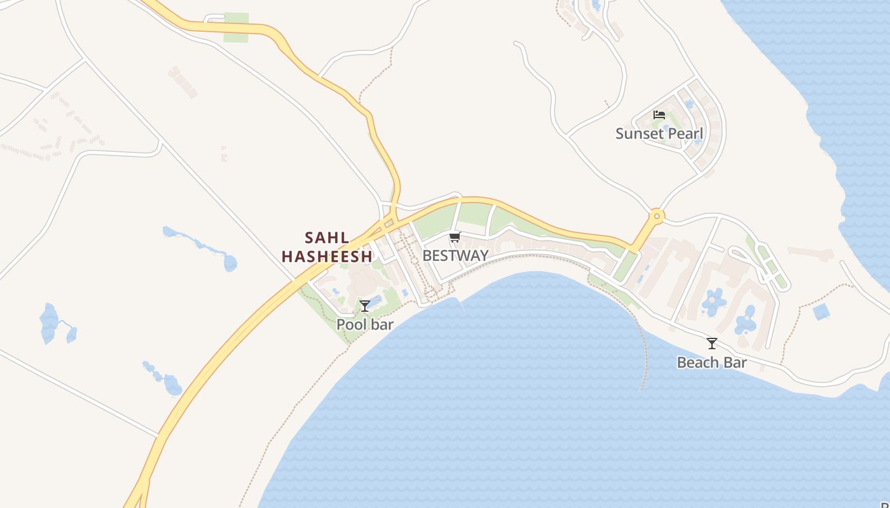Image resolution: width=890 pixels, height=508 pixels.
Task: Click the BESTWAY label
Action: pyautogui.click(x=455, y=256)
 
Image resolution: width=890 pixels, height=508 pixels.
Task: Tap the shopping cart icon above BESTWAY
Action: pyautogui.click(x=455, y=237)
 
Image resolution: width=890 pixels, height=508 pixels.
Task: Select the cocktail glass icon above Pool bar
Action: pyautogui.click(x=365, y=306)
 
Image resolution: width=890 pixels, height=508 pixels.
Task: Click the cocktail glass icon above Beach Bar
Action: pyautogui.click(x=712, y=344)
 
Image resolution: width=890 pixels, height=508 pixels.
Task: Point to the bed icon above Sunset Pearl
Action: pyautogui.click(x=659, y=115)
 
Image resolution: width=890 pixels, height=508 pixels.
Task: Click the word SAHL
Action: pyautogui.click(x=327, y=238)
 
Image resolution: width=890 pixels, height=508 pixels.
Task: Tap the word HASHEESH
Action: pyautogui.click(x=327, y=257)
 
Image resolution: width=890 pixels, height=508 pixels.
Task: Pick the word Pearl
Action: pyautogui.click(x=685, y=134)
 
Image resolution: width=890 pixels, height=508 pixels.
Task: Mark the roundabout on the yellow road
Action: pyautogui.click(x=657, y=217)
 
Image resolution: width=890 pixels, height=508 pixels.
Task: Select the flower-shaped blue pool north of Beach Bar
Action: pyautogui.click(x=714, y=300)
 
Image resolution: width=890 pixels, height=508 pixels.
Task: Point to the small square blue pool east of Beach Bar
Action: pyautogui.click(x=821, y=312)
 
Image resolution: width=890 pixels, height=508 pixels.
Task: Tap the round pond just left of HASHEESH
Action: pyautogui.click(x=230, y=262)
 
